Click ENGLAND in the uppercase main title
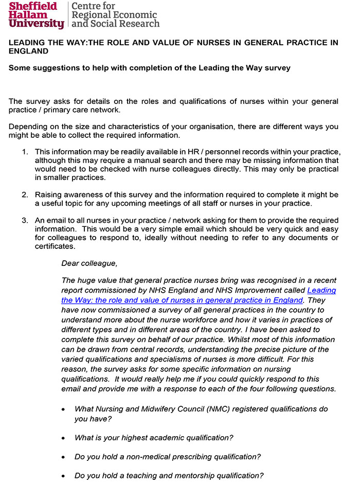click(29, 51)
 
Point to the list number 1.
click(25, 152)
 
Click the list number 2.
click(25, 194)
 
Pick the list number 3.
click(25, 220)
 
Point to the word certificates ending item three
click(55, 246)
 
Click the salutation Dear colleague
click(89, 263)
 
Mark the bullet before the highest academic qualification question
click(63, 438)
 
